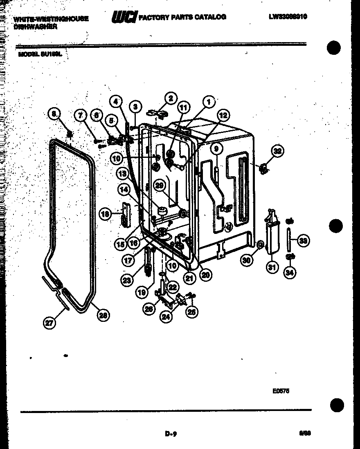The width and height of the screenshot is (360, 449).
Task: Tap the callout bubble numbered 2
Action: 170,98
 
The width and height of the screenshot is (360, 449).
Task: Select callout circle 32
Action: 278,151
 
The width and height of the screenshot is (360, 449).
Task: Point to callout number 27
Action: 49,323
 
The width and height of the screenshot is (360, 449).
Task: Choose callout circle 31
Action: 272,268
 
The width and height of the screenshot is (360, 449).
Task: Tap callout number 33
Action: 302,241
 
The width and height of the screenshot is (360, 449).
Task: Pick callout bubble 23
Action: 126,280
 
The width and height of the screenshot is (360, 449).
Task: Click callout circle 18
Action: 106,213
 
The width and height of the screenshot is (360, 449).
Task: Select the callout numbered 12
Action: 223,116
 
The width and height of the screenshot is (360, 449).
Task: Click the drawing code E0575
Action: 281,391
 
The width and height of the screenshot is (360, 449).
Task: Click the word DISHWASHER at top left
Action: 35,27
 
